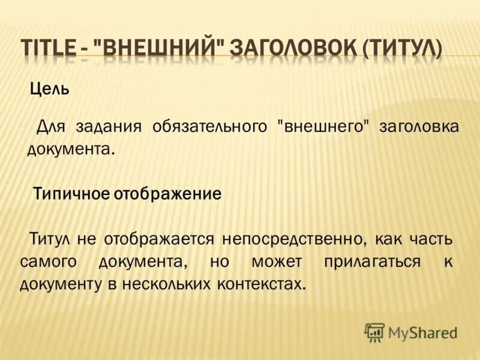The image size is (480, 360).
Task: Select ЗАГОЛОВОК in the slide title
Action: pos(292,48)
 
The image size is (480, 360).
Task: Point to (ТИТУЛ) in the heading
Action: pos(402,48)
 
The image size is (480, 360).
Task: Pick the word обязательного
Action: pos(209,127)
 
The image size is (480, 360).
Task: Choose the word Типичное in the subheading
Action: pos(72,194)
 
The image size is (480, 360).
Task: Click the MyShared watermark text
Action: pos(422,332)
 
